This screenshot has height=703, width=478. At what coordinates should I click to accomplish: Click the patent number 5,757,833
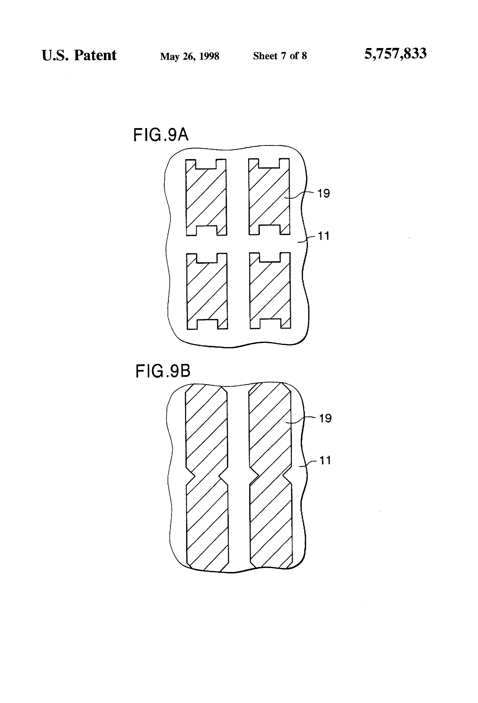(x=396, y=54)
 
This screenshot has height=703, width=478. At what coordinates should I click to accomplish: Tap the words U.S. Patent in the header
(x=79, y=55)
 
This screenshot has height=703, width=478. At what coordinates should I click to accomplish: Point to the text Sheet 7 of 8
(x=280, y=56)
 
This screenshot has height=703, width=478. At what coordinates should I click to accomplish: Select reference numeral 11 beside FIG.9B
(x=325, y=460)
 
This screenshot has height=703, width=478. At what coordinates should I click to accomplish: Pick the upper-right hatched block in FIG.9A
(x=269, y=197)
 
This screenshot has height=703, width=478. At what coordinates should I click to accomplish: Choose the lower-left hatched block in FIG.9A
(x=207, y=291)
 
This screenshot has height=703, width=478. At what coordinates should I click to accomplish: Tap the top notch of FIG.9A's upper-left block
(x=206, y=164)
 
